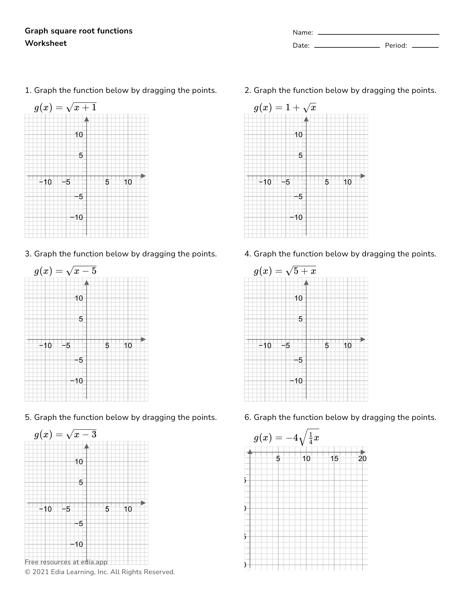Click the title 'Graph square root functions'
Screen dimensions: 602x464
point(79,31)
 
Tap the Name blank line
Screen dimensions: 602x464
point(378,34)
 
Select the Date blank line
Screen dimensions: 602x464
point(347,47)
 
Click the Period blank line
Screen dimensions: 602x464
point(425,47)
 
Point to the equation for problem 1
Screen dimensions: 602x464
point(65,107)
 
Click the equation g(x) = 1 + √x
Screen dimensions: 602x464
point(285,107)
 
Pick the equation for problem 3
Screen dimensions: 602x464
point(65,271)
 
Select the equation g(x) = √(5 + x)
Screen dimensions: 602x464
point(285,271)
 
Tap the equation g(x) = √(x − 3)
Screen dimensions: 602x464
point(65,434)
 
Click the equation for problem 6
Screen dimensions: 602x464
point(286,437)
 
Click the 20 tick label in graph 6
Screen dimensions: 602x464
point(362,459)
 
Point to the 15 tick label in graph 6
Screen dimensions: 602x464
point(334,459)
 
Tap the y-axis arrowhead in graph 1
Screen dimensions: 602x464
point(87,119)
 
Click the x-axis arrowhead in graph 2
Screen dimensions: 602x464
point(363,176)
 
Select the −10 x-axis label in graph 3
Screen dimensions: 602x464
point(45,346)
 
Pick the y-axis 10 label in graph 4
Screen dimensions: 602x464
point(298,298)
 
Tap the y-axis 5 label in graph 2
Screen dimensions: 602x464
point(300,155)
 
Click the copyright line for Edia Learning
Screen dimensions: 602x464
point(100,572)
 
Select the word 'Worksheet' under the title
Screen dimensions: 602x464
point(46,43)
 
